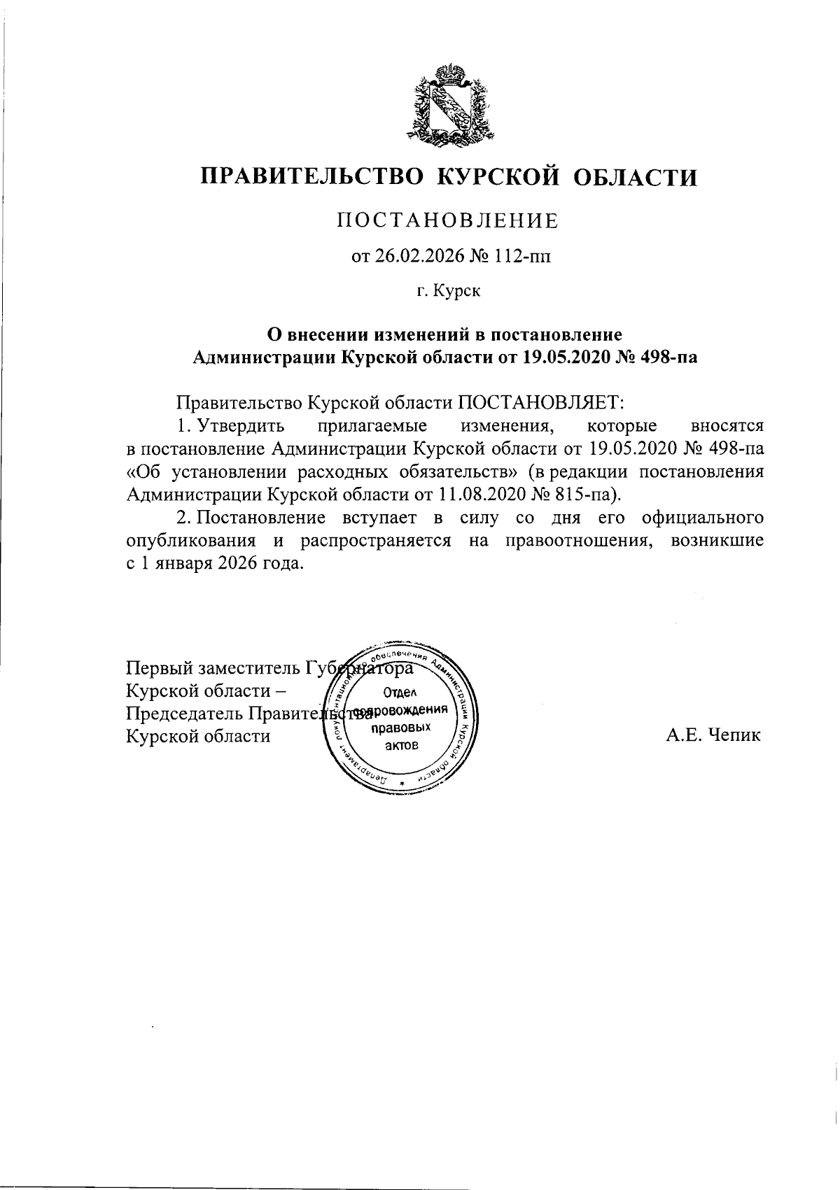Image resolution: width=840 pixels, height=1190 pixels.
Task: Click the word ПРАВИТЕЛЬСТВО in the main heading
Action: click(x=312, y=176)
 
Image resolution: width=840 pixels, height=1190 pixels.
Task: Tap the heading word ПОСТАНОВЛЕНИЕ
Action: click(x=449, y=221)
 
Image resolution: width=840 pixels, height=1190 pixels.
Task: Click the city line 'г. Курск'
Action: click(x=449, y=290)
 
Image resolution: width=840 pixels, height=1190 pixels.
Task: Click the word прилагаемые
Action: click(x=372, y=425)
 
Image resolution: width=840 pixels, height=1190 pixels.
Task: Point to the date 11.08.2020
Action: click(x=477, y=495)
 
